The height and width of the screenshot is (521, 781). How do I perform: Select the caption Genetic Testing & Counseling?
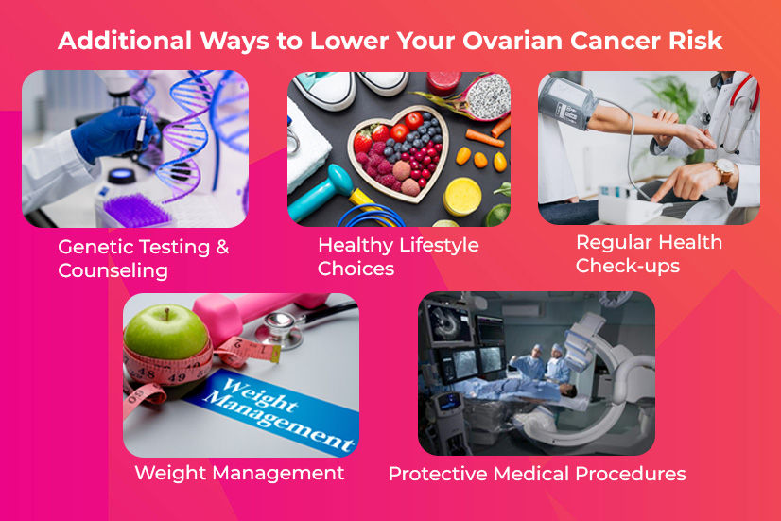143,258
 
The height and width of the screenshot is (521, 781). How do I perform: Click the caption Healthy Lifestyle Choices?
397,256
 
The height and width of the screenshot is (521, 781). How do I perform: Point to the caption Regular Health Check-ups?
649,253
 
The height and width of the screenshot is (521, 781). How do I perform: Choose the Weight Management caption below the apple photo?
239,473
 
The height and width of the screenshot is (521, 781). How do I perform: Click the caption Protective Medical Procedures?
537,473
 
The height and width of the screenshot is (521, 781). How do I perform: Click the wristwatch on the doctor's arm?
724,172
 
